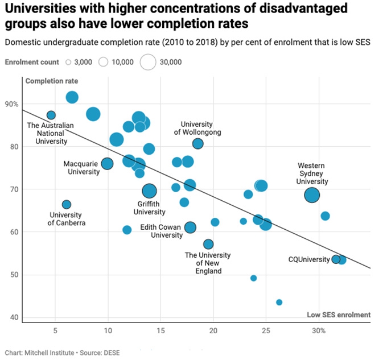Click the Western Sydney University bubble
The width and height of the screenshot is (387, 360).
pyautogui.click(x=312, y=195)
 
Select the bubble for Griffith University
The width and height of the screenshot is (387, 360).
pyautogui.click(x=149, y=191)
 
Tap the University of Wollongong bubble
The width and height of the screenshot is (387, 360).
pyautogui.click(x=197, y=143)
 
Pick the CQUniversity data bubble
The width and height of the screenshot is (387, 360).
pyautogui.click(x=336, y=259)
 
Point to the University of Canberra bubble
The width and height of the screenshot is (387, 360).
pyautogui.click(x=67, y=204)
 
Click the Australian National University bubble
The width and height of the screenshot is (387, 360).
pyautogui.click(x=51, y=115)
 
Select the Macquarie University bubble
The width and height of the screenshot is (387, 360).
pyautogui.click(x=107, y=164)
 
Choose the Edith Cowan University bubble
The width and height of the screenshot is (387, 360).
pyautogui.click(x=190, y=227)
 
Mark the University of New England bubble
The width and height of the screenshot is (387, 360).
pyautogui.click(x=208, y=244)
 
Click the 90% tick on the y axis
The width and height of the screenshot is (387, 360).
pyautogui.click(x=11, y=104)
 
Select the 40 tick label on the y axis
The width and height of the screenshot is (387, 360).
pyautogui.click(x=11, y=317)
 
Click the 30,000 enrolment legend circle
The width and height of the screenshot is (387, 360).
pyautogui.click(x=148, y=62)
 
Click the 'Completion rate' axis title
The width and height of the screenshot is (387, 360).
pyautogui.click(x=52, y=81)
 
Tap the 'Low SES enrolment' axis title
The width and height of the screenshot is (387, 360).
pyautogui.click(x=339, y=315)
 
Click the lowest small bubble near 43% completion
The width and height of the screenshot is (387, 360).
pyautogui.click(x=279, y=302)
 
